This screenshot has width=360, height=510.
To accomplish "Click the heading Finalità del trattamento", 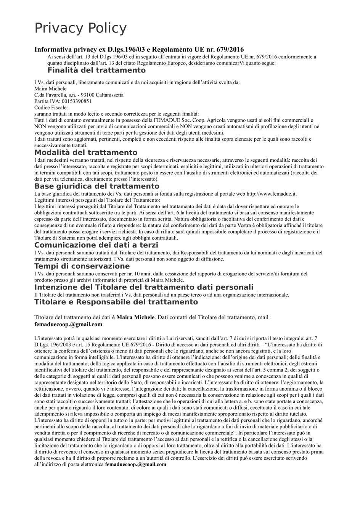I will [x=96, y=70].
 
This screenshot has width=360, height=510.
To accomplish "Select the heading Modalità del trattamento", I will [x=85, y=153].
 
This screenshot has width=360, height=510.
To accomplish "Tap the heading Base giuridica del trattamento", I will [x=96, y=186].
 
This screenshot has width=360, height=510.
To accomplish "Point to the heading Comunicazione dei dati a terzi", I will [x=96, y=245].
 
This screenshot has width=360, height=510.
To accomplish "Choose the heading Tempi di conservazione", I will [x=82, y=266].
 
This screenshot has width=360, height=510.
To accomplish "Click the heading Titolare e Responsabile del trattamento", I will [x=116, y=302].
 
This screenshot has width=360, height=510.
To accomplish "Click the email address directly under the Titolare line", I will [x=68, y=324].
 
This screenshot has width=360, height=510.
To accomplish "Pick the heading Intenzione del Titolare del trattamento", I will [x=143, y=287].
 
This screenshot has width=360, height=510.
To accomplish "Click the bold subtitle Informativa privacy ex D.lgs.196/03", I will [x=139, y=50].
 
